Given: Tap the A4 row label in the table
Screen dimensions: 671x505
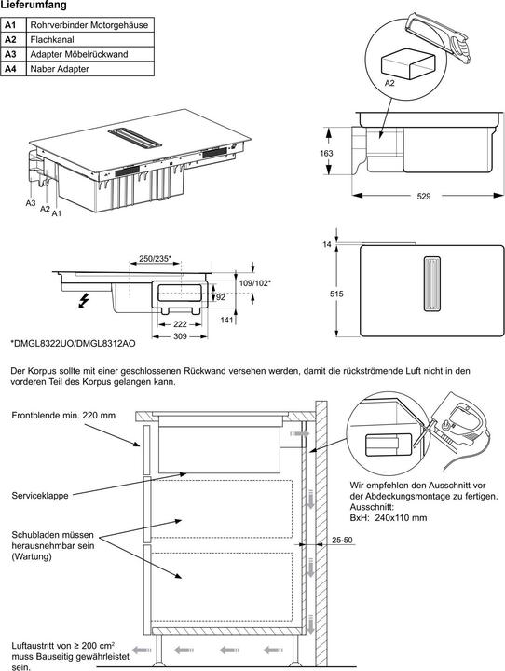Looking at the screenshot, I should [11, 70].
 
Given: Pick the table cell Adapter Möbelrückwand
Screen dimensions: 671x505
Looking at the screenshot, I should [79, 55].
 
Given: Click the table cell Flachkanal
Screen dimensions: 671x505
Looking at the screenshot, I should [54, 40].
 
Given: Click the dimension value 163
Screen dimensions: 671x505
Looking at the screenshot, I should [326, 153].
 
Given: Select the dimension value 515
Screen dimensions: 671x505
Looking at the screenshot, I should [337, 294].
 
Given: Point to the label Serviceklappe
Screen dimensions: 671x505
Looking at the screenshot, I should [39, 496].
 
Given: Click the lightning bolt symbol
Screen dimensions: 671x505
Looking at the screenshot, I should [86, 301].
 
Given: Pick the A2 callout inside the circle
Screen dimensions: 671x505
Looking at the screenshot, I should [390, 84].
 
